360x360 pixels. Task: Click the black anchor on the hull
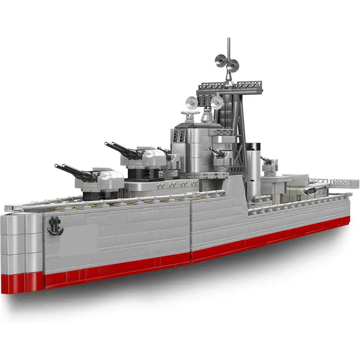55,225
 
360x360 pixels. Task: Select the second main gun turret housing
151,157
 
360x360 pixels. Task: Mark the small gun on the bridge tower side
218,153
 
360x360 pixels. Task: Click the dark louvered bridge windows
179,135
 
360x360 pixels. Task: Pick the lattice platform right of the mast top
248,85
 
